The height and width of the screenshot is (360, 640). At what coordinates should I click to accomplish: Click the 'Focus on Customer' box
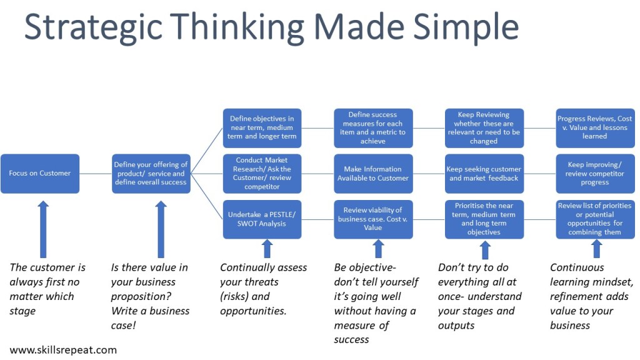40,173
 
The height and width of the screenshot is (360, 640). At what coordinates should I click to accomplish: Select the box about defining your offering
151,173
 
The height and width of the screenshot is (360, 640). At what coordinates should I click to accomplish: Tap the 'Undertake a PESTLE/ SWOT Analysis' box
262,219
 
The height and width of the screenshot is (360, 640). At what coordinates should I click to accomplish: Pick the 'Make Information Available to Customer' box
373,173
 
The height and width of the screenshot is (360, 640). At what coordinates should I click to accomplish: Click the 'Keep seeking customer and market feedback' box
484,173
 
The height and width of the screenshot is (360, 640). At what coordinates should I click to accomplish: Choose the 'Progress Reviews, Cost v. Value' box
594,127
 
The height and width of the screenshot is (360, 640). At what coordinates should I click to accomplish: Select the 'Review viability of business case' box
373,219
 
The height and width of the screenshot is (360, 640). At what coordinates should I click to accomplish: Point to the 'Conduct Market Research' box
262,173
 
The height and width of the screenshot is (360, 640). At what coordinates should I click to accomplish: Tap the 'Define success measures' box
373,127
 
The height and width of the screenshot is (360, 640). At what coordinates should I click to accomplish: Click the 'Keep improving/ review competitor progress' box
594,173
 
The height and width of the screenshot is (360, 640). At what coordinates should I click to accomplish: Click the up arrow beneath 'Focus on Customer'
42,228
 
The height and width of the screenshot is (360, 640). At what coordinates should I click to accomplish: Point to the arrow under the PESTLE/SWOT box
267,249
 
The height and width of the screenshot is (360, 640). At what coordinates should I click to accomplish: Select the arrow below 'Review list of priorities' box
596,249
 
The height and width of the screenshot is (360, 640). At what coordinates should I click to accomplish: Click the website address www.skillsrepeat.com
63,349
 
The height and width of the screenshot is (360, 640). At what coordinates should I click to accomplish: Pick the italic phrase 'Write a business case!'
150,317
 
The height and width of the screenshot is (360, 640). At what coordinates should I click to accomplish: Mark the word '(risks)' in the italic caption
236,296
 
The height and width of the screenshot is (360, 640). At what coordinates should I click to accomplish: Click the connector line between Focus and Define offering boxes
96,173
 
